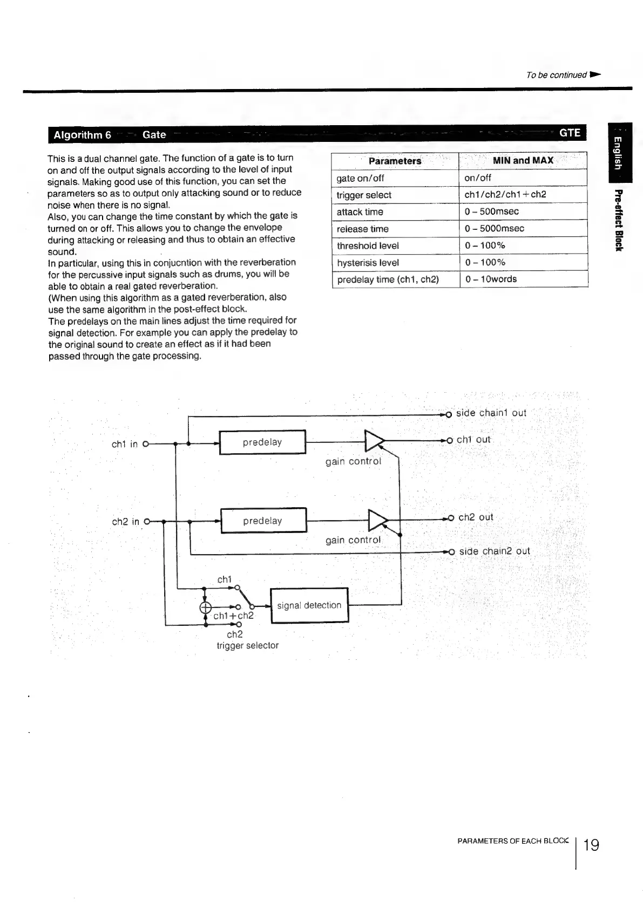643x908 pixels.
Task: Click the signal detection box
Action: pyautogui.click(x=309, y=605)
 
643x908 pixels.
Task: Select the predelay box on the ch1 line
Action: pyautogui.click(x=262, y=442)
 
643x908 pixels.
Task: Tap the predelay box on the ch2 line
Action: pyautogui.click(x=263, y=521)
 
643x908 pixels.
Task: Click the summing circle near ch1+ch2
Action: pyautogui.click(x=205, y=607)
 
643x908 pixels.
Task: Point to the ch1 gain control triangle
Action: pyautogui.click(x=374, y=441)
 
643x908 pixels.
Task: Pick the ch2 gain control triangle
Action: pyautogui.click(x=377, y=520)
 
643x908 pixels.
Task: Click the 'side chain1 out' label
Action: pyautogui.click(x=491, y=413)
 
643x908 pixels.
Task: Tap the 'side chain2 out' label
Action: pyautogui.click(x=494, y=551)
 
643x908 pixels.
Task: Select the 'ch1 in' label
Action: pyautogui.click(x=125, y=444)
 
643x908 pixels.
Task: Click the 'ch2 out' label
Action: pyautogui.click(x=475, y=517)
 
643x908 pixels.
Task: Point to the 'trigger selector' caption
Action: pyautogui.click(x=247, y=645)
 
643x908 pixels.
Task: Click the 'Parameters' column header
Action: pyautogui.click(x=395, y=161)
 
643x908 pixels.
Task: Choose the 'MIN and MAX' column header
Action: pyautogui.click(x=523, y=160)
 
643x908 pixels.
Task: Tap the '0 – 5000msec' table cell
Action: pyautogui.click(x=494, y=228)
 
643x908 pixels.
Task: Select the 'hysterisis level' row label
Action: pyautogui.click(x=368, y=263)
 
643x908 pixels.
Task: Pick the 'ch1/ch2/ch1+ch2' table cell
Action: pyautogui.click(x=505, y=194)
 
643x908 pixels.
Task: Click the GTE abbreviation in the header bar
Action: pyautogui.click(x=570, y=133)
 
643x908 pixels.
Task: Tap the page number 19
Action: pyautogui.click(x=591, y=844)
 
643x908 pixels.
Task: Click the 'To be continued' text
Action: pyautogui.click(x=556, y=75)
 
